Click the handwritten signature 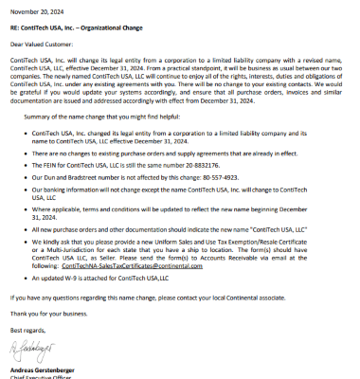click(x=30, y=352)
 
